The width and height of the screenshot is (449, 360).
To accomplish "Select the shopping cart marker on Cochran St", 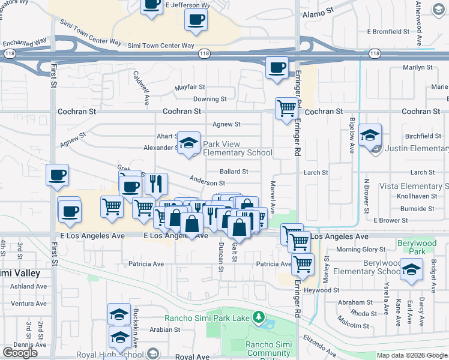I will pos(287,109).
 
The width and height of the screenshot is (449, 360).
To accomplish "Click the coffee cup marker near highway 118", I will pos(277,67).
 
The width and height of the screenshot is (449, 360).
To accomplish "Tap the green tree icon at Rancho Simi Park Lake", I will pos(259,316).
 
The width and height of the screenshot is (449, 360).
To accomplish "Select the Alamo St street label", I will pos(318,13).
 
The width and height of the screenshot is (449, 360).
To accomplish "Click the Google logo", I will pos(20,353).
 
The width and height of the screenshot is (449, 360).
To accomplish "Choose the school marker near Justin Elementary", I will pos(371,135).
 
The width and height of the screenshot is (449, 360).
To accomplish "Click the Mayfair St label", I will pos(190,88).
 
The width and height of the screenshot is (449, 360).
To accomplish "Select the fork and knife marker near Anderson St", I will pos(156,184).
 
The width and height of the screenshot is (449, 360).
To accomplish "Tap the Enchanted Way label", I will pos(24,43).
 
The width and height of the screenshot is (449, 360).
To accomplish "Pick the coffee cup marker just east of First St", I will pos(58,175).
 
